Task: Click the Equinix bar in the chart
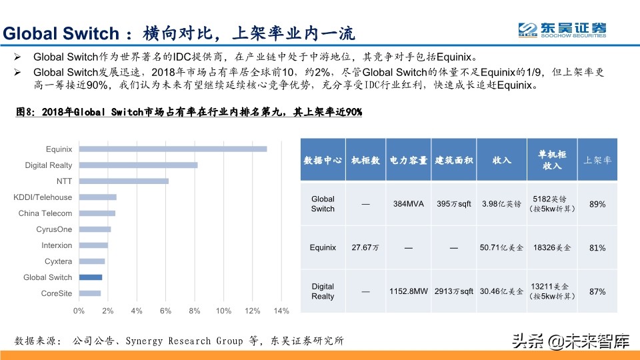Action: pyautogui.click(x=173, y=149)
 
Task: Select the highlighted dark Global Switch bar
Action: pyautogui.click(x=91, y=277)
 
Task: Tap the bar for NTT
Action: pyautogui.click(x=123, y=181)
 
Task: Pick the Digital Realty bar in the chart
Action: pyautogui.click(x=138, y=165)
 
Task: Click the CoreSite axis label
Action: pyautogui.click(x=57, y=293)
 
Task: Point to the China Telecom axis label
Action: pyautogui.click(x=45, y=213)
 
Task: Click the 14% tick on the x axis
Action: pyautogui.click(x=281, y=311)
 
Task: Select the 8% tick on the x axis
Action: pyautogui.click(x=195, y=311)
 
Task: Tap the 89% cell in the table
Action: pyautogui.click(x=597, y=204)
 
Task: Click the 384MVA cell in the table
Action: pyautogui.click(x=409, y=204)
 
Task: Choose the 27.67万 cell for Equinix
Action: pyautogui.click(x=365, y=247)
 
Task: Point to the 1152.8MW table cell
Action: pyautogui.click(x=409, y=291)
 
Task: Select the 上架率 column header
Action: pyautogui.click(x=597, y=160)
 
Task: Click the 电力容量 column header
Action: pyautogui.click(x=409, y=160)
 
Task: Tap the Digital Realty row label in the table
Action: pyautogui.click(x=323, y=291)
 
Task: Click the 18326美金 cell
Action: pyautogui.click(x=552, y=247)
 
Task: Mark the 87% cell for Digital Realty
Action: pyautogui.click(x=597, y=291)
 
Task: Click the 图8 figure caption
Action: pyautogui.click(x=189, y=112)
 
